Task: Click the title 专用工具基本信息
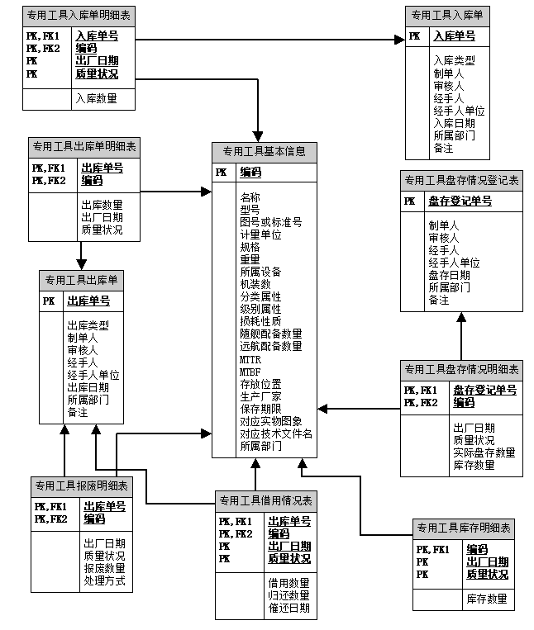pyautogui.click(x=265, y=152)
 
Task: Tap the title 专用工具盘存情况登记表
pyautogui.click(x=461, y=180)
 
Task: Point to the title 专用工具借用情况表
pyautogui.click(x=265, y=500)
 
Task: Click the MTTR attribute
pyautogui.click(x=250, y=360)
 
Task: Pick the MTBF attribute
pyautogui.click(x=250, y=372)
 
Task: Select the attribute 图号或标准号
pyautogui.click(x=270, y=222)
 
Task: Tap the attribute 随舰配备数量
pyautogui.click(x=270, y=334)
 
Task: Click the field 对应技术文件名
pyautogui.click(x=276, y=433)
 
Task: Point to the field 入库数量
pyautogui.click(x=96, y=99)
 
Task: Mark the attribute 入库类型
pyautogui.click(x=454, y=60)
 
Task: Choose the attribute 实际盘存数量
pyautogui.click(x=484, y=452)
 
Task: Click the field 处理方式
pyautogui.click(x=104, y=581)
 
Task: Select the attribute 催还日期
pyautogui.click(x=288, y=609)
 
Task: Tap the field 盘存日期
pyautogui.click(x=449, y=275)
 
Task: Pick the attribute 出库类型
pyautogui.click(x=88, y=325)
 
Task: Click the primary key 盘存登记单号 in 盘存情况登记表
pyautogui.click(x=460, y=201)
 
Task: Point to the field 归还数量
pyautogui.click(x=288, y=596)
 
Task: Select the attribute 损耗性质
pyautogui.click(x=260, y=321)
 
